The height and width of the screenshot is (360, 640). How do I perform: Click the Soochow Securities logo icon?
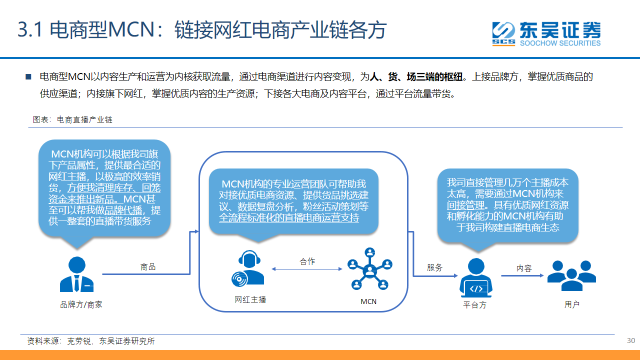(503, 33)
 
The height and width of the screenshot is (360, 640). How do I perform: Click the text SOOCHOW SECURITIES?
(560, 43)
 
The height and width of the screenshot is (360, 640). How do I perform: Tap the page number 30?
(631, 340)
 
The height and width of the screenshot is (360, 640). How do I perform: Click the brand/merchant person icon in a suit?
(76, 274)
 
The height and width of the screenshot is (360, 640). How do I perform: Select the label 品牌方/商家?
(81, 304)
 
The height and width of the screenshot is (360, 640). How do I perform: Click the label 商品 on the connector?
(148, 267)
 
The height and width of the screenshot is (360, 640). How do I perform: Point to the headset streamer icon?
(247, 268)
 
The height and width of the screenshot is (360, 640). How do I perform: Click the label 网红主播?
(250, 299)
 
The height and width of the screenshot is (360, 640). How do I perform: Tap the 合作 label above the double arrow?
(307, 261)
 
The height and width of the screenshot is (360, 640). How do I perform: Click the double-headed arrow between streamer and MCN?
(307, 269)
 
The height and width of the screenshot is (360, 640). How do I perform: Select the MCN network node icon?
(369, 269)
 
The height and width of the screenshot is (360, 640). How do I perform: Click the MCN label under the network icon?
(368, 301)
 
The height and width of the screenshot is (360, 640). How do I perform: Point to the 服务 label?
(434, 267)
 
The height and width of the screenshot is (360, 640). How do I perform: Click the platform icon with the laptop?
(475, 277)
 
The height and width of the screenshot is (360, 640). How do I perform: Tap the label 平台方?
(474, 305)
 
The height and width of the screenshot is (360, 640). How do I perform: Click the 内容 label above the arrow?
(524, 268)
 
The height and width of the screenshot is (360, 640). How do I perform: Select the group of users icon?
(571, 275)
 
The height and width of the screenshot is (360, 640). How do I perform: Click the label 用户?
(571, 304)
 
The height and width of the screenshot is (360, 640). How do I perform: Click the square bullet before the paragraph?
(28, 77)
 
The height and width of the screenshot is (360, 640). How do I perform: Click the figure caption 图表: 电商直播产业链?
(72, 119)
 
